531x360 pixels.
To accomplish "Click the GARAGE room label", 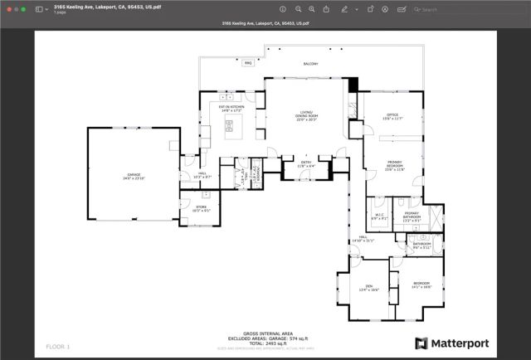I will [133, 176].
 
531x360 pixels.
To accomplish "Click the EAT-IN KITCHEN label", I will [231, 109].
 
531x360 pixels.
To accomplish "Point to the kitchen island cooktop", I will [229, 127].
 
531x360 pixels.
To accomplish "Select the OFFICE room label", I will [392, 117].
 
